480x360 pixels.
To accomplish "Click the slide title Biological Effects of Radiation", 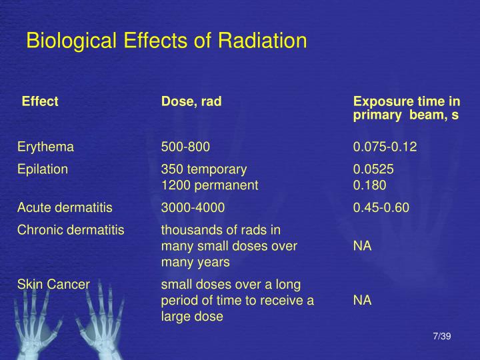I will [x=166, y=41].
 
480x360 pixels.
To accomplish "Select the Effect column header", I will [x=40, y=102].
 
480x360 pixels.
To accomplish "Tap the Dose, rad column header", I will [x=191, y=102].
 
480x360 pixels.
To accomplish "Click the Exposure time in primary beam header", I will [x=406, y=109].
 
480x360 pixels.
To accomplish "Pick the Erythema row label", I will [x=45, y=147].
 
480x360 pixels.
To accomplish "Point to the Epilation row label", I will [x=43, y=169].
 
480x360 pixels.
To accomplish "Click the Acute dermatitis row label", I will [x=65, y=208].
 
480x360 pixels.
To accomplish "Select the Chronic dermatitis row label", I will [x=71, y=231].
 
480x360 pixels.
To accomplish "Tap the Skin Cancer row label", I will [x=53, y=284].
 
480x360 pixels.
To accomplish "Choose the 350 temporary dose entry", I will [x=204, y=169].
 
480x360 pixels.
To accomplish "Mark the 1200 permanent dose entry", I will [x=209, y=185].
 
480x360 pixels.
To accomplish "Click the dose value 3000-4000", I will [x=193, y=208].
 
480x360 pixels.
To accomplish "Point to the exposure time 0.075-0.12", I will [x=385, y=147].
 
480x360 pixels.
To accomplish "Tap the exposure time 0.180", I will [x=369, y=185].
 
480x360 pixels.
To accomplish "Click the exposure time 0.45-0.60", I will [x=381, y=208].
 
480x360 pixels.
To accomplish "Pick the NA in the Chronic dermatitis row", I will [x=362, y=246].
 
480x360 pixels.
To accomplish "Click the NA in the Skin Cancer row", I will [x=362, y=301].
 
